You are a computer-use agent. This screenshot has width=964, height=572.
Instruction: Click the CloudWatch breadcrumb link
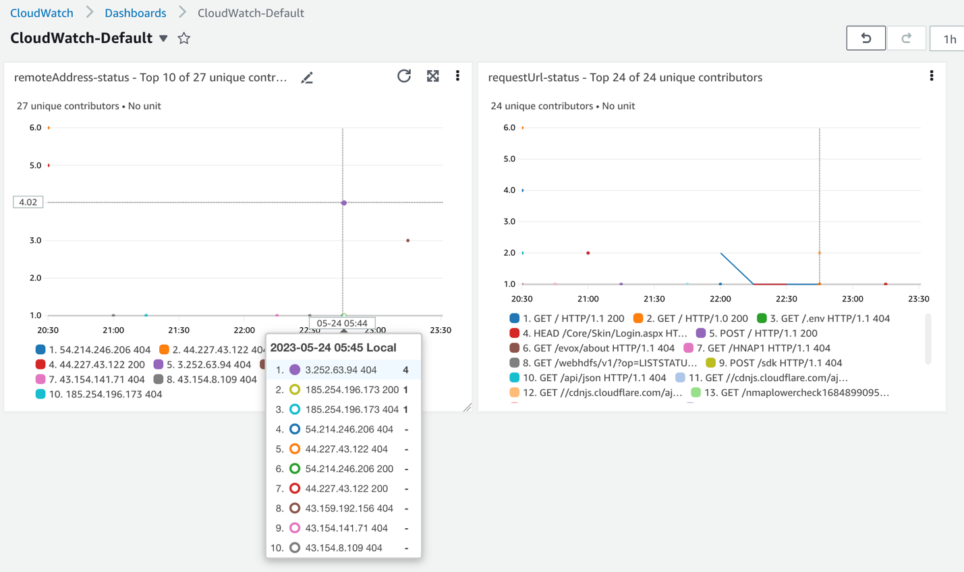tap(42, 13)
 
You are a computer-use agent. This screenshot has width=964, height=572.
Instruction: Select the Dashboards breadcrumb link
tap(135, 13)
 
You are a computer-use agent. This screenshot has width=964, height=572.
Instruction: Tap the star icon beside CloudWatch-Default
tap(184, 38)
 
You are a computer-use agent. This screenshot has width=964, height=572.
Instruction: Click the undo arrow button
tap(866, 38)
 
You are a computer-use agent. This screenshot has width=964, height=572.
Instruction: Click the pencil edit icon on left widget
tap(307, 78)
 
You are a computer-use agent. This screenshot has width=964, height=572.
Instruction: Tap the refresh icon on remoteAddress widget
tap(404, 76)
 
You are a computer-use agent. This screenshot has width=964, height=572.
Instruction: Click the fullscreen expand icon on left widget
tap(433, 76)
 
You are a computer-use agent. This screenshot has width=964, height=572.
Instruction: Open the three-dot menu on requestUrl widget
tap(932, 76)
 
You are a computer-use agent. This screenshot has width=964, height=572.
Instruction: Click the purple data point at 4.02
tap(344, 202)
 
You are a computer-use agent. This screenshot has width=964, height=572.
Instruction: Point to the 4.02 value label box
tap(28, 202)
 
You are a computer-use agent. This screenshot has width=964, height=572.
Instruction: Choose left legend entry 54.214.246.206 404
tap(93, 349)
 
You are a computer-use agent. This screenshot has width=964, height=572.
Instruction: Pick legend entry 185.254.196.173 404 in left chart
tap(99, 394)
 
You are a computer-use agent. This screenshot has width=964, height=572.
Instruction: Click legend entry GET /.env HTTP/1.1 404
tap(823, 318)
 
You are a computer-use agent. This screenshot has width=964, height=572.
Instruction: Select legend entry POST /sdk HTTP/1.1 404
tap(774, 363)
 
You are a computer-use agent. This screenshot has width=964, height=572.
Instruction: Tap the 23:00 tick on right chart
tap(852, 298)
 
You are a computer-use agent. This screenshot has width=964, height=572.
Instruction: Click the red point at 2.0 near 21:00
tap(588, 253)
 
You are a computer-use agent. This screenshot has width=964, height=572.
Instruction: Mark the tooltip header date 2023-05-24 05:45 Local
tap(333, 347)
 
